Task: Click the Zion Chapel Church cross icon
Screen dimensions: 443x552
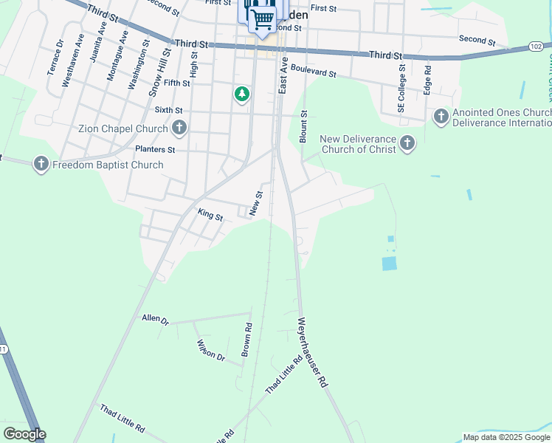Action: click(179, 129)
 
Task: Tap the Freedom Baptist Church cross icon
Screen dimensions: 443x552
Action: click(41, 164)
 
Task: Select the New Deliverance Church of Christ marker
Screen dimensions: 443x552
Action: click(407, 142)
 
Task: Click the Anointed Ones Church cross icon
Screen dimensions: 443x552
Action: click(441, 116)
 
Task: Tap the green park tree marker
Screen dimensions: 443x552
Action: click(241, 95)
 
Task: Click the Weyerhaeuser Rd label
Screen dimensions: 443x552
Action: click(311, 353)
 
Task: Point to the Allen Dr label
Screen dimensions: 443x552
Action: click(155, 320)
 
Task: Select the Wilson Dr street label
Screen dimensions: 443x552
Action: click(210, 350)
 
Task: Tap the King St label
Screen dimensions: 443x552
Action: click(210, 215)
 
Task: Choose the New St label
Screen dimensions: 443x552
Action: click(256, 204)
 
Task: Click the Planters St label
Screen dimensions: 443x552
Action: click(155, 149)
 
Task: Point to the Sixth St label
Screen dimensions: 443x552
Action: click(168, 110)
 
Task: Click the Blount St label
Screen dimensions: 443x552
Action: click(303, 126)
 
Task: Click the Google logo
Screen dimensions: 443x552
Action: click(24, 434)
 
